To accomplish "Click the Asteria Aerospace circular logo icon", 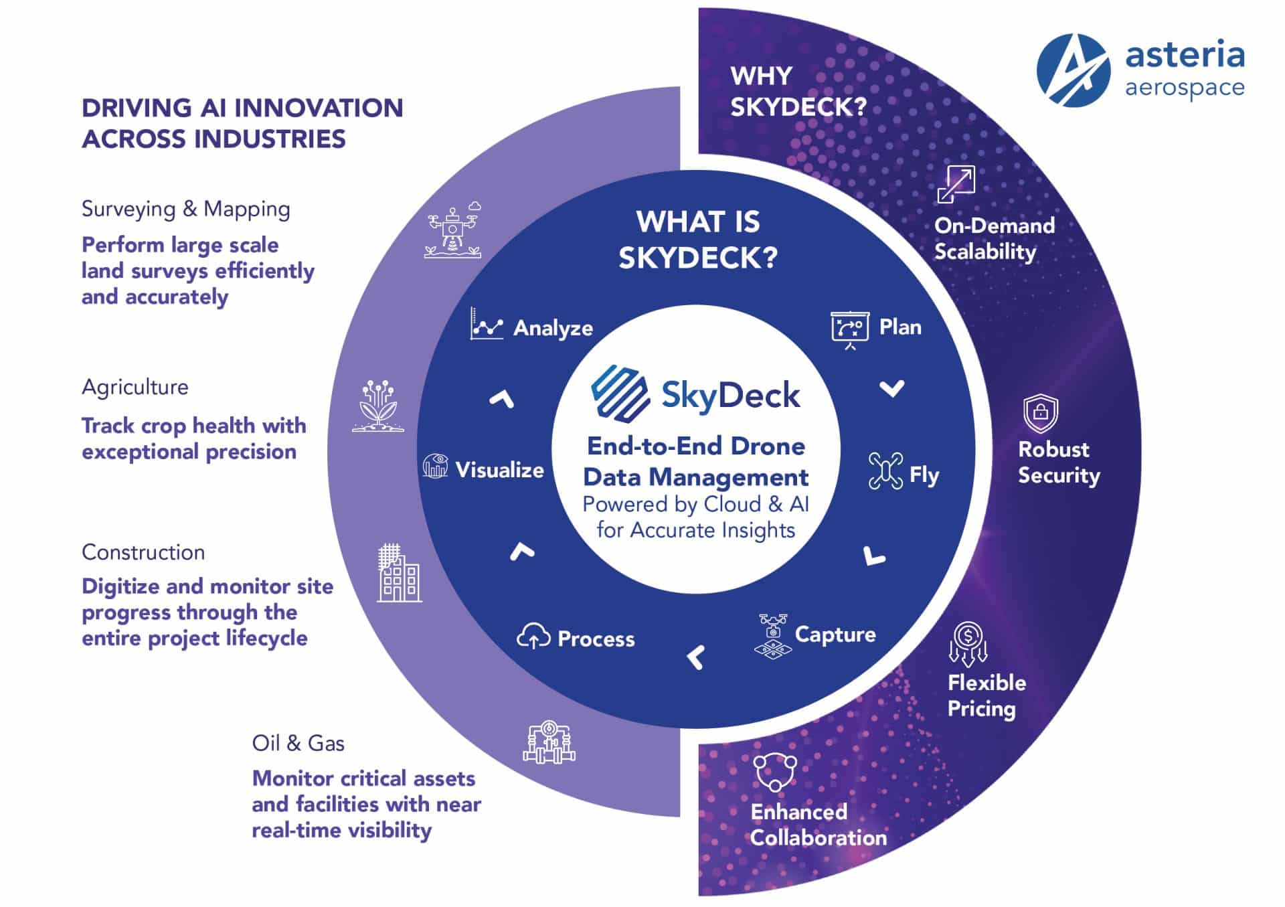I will (x=1073, y=71).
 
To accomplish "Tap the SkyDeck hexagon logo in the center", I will (x=620, y=394).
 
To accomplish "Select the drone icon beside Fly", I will (x=885, y=471).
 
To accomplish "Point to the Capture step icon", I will (x=773, y=635).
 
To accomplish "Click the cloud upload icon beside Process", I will (x=533, y=637).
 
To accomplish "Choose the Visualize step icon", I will (x=435, y=466).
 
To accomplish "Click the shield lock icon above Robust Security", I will (x=1040, y=413).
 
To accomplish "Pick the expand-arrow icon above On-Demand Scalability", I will (x=956, y=184).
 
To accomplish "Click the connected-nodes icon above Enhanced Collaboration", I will (x=775, y=772).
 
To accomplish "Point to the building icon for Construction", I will (x=399, y=574).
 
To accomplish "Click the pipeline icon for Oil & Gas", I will (x=549, y=742).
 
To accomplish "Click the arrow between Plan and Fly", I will (x=891, y=388).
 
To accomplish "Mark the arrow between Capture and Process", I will (x=696, y=657).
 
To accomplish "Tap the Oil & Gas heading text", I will (x=298, y=743).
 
